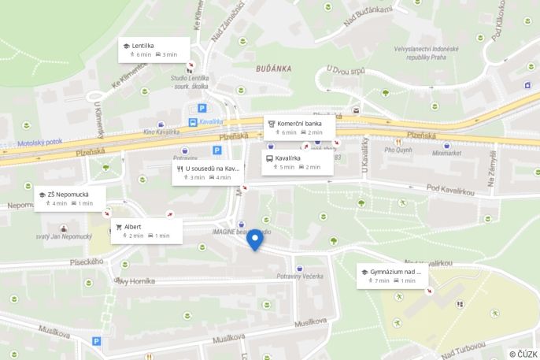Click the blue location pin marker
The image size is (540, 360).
point(254,239)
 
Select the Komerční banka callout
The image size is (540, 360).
point(299,128)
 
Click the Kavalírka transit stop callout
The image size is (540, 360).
point(297,162)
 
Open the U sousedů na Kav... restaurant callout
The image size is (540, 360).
point(208,173)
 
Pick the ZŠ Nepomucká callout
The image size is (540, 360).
point(69,198)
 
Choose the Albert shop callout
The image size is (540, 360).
point(146,231)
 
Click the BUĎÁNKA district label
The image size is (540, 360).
point(274,69)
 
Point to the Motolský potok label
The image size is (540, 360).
point(39,143)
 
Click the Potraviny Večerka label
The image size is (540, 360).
point(300,276)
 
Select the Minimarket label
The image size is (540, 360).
point(446,154)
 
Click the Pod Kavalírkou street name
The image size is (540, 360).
point(453,187)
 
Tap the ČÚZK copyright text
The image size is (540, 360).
point(523,354)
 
